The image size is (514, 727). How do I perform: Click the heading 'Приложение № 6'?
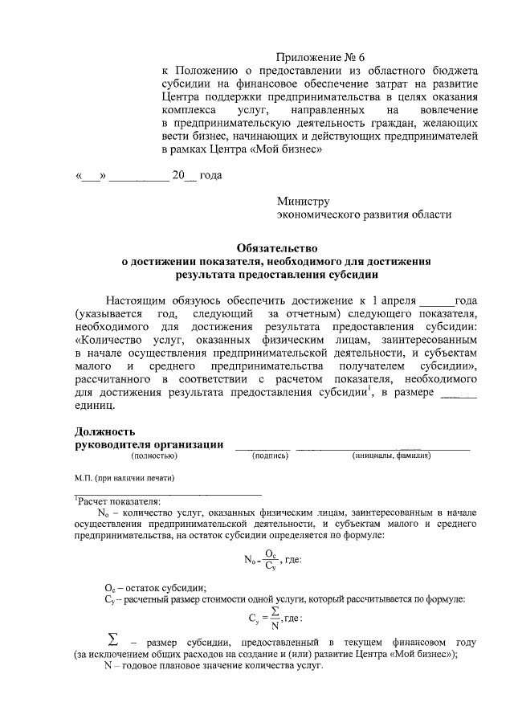[x=320, y=57]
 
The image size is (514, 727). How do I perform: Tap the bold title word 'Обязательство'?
[x=276, y=248]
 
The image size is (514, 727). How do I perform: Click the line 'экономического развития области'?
[x=364, y=214]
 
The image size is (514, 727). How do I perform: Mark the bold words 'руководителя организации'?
[x=149, y=445]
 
